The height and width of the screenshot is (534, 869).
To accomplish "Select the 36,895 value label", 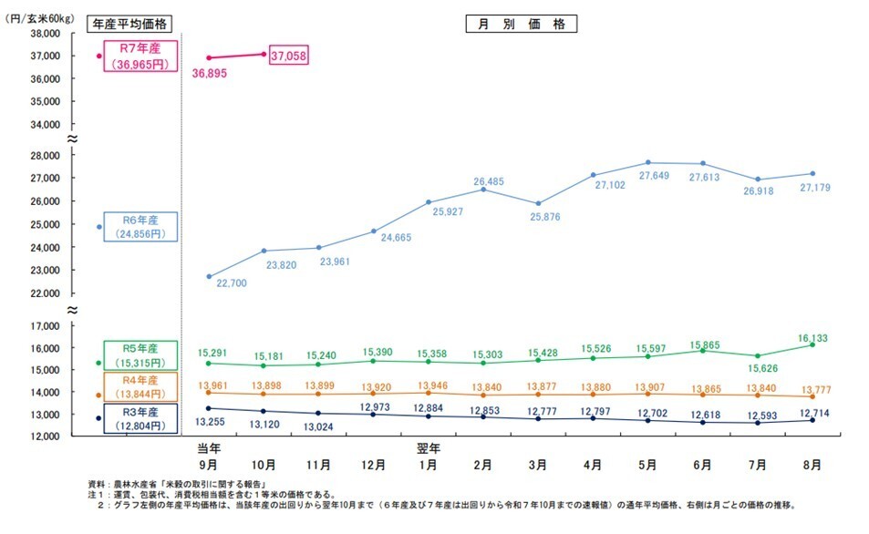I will pos(209,73).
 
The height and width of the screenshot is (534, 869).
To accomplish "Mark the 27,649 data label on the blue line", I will pos(649,176).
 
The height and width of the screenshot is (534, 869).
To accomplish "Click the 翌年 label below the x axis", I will pos(428,448).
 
